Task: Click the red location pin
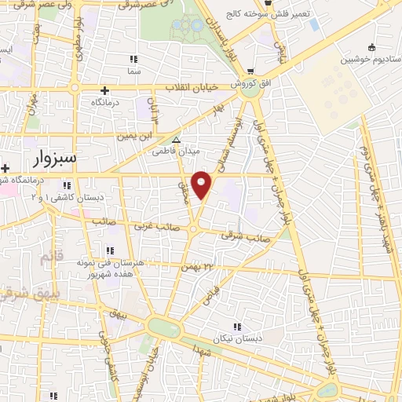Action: (203, 185)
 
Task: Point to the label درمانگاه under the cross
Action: (108, 103)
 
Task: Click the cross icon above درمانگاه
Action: (104, 90)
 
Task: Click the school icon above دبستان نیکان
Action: (236, 327)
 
